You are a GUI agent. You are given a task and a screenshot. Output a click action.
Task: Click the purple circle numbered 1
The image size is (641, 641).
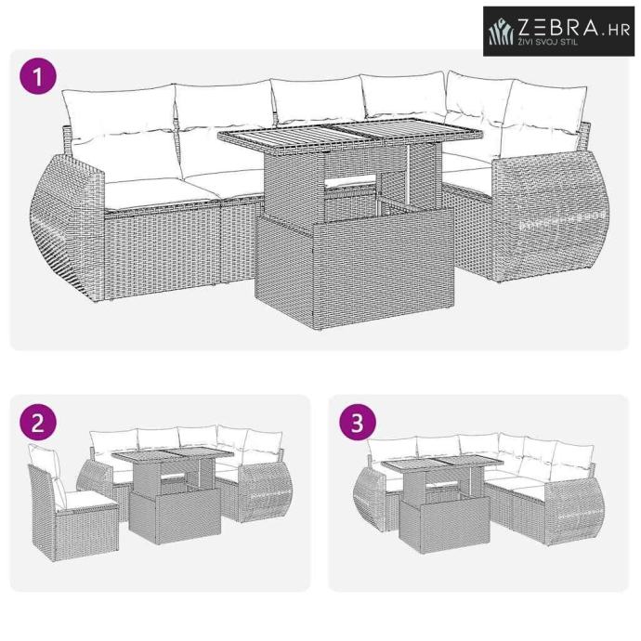point(37,76)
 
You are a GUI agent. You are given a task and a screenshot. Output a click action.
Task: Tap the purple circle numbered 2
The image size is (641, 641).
point(37,423)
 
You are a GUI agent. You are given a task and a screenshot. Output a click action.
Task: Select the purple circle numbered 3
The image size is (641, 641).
point(358,423)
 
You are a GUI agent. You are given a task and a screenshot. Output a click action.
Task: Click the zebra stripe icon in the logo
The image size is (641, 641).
point(502,32)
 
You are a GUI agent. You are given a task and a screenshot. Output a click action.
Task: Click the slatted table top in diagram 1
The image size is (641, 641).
point(350,133)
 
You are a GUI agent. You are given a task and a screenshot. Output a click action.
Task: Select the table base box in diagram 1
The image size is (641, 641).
point(354,266)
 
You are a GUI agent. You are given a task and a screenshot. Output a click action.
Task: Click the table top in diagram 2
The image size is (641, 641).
point(173,454)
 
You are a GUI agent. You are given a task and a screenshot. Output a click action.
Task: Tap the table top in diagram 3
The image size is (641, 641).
point(442,464)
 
